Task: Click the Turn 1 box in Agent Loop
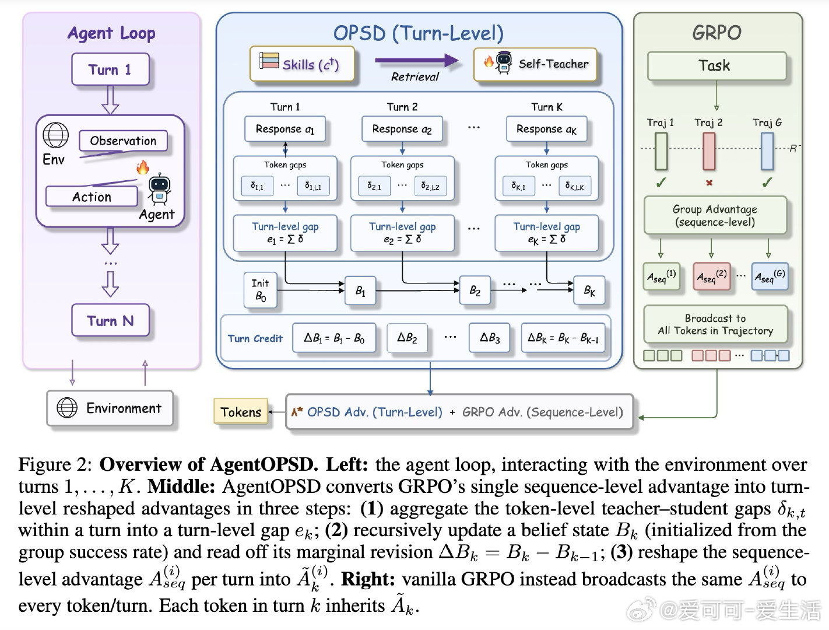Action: tap(110, 69)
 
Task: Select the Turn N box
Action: tap(110, 320)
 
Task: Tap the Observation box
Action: tap(123, 141)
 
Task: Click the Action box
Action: tap(92, 197)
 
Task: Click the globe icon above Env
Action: tap(55, 135)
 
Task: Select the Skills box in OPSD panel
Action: tap(302, 64)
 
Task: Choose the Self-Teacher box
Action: tap(535, 64)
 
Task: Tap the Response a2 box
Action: tap(402, 129)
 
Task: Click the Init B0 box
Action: tap(260, 290)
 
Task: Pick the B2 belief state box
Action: tap(475, 290)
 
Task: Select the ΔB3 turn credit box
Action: tap(490, 338)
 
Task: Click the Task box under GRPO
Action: tap(716, 65)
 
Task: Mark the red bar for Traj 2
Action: tap(709, 151)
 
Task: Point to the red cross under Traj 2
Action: tap(709, 183)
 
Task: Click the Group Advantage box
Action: tap(715, 215)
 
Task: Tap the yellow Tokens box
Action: tap(241, 411)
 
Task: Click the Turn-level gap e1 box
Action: tap(285, 233)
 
